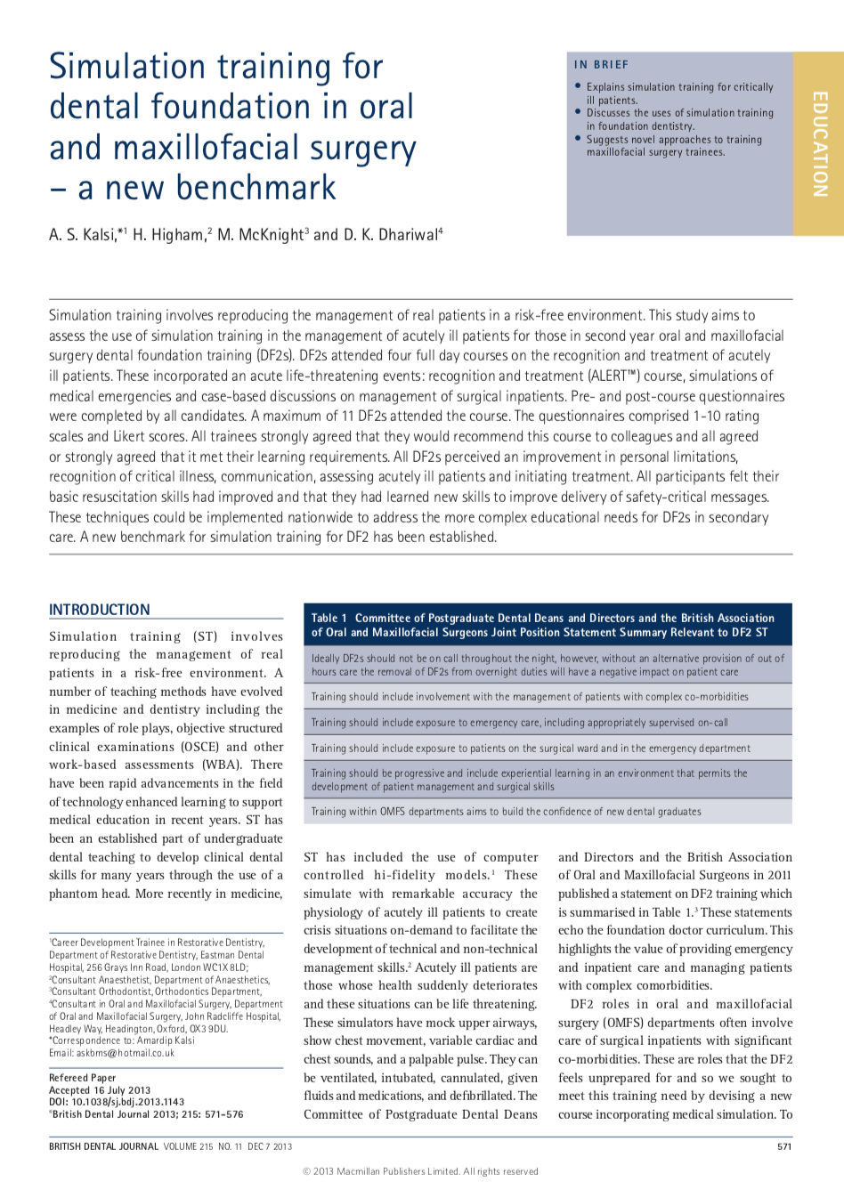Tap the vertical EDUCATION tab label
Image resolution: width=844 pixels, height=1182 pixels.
tap(819, 143)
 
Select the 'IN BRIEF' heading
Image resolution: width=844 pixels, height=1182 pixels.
tap(601, 65)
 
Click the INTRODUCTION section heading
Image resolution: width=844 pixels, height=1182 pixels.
tap(100, 610)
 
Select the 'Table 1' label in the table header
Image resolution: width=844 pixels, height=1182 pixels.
tap(329, 618)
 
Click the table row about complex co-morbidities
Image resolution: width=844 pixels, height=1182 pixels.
tap(530, 697)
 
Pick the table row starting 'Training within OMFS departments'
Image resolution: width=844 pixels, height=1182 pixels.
tap(506, 812)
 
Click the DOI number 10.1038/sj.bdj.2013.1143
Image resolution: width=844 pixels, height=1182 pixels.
tap(128, 1102)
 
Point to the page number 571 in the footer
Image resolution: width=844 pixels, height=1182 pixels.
tap(784, 1146)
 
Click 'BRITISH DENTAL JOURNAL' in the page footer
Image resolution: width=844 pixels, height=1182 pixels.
tap(104, 1146)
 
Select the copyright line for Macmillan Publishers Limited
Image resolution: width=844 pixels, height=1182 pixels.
tap(421, 1171)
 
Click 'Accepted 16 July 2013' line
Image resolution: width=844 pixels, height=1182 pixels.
tap(100, 1090)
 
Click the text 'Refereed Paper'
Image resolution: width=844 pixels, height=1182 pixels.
tap(82, 1078)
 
